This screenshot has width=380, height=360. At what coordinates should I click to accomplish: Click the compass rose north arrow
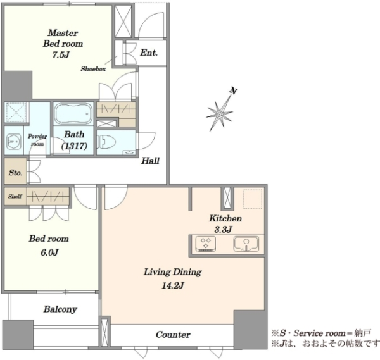pos(220,113)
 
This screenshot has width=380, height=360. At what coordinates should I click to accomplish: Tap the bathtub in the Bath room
pos(73,113)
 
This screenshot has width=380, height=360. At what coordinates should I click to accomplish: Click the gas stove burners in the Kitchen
pos(205,244)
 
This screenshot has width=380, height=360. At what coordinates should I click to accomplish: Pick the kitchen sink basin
pos(246,244)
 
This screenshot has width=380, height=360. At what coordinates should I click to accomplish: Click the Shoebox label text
pos(93,69)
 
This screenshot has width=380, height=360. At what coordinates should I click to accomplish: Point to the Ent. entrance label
pos(149,53)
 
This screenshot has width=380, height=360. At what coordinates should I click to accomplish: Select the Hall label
pos(150,161)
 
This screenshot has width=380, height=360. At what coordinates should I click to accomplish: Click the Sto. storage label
pos(15,173)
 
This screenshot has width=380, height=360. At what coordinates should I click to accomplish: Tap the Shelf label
pos(15,196)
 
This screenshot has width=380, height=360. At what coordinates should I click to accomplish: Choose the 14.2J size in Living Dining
pos(172,286)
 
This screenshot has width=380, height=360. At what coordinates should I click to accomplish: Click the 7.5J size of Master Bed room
pos(61,54)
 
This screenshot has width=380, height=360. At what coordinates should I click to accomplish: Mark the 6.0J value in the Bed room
pos(49,252)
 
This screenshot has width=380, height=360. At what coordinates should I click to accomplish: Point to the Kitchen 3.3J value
pos(223,229)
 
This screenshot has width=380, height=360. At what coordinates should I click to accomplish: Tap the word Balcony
pos(60,309)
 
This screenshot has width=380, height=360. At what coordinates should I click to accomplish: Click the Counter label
pos(173,335)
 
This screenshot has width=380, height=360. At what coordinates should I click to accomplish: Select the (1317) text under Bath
pos(74,146)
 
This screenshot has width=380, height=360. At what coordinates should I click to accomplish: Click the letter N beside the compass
pos(233,90)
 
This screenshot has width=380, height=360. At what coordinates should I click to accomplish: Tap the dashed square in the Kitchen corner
pos(253,199)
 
